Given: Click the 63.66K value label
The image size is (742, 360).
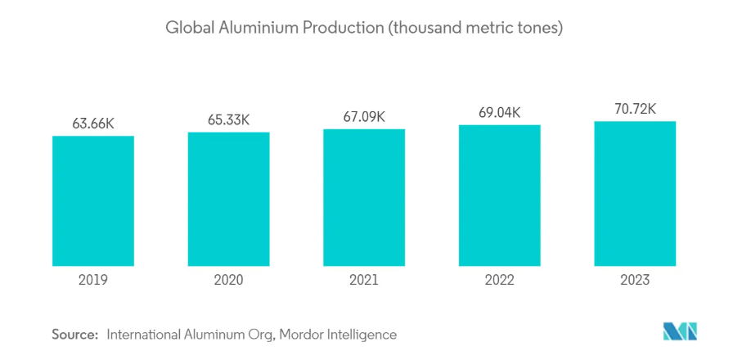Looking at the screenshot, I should (93, 124).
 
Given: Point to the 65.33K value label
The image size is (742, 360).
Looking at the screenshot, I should (229, 119).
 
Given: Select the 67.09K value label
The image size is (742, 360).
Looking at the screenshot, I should (364, 116).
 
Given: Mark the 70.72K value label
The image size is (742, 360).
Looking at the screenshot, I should (635, 109).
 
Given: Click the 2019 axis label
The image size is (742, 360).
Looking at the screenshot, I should (93, 280).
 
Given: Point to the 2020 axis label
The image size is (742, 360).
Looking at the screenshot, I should (229, 280).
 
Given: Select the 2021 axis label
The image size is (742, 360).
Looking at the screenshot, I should (364, 280).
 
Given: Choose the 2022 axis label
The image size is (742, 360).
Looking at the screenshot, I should (500, 280).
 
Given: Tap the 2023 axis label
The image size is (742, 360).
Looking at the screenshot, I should (635, 280).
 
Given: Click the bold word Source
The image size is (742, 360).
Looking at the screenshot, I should (74, 334).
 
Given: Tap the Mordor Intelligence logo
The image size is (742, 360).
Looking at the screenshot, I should (681, 331).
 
